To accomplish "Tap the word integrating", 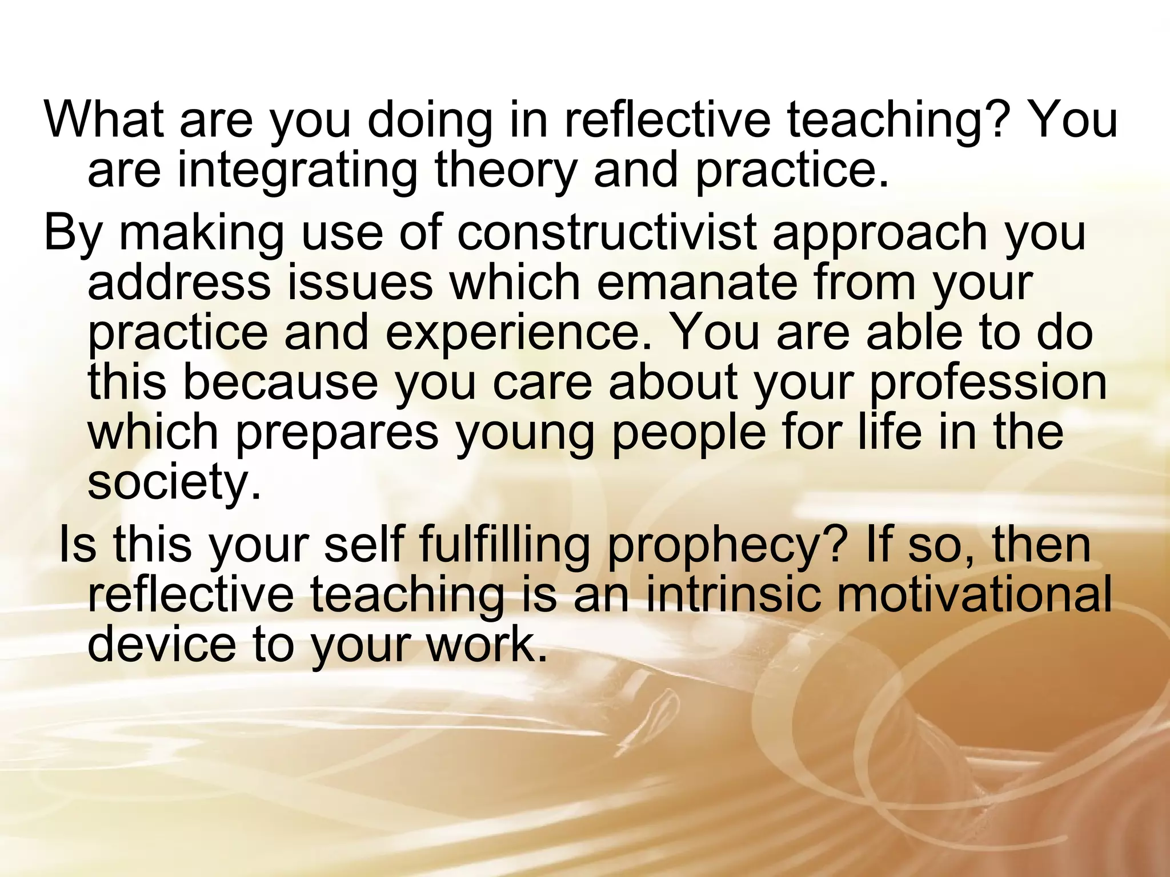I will [x=298, y=170].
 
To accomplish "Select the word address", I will [x=179, y=282].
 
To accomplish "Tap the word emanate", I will [x=696, y=282].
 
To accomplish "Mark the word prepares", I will [x=337, y=432].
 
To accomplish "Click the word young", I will [x=525, y=432].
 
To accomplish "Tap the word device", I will [x=162, y=644].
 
